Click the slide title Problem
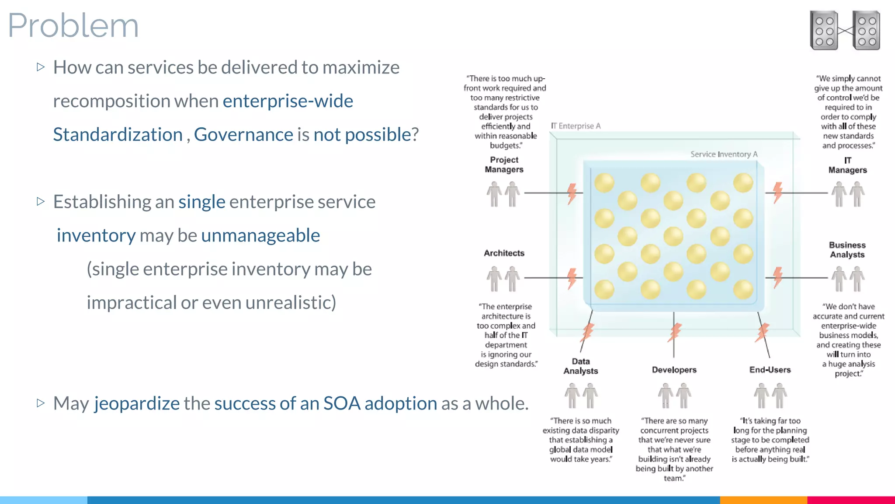[73, 25]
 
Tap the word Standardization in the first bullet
[118, 134]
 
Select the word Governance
[243, 134]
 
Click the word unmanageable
[260, 235]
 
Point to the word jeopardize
[137, 403]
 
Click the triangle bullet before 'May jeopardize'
[41, 403]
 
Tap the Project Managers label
[504, 165]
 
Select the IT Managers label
[847, 165]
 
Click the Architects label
[504, 253]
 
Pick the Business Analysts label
[847, 250]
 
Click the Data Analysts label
[580, 366]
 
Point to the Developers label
[674, 370]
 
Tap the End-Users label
[770, 370]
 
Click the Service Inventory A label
[724, 154]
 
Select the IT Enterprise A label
[576, 126]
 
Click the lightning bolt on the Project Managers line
[572, 193]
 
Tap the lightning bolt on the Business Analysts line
[777, 277]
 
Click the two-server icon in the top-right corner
[845, 31]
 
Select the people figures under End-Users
[770, 395]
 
